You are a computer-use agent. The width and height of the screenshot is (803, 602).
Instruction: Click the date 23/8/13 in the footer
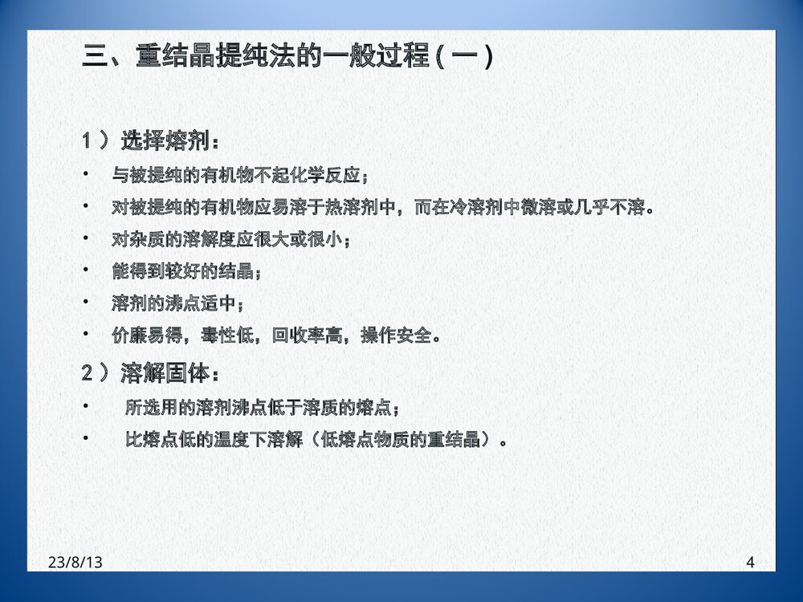coord(75,563)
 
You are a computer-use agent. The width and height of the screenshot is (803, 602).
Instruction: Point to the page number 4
coord(750,563)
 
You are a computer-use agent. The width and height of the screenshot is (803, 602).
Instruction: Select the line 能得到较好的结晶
coord(186,271)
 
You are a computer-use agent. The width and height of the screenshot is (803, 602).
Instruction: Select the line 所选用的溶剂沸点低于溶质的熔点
coord(263,408)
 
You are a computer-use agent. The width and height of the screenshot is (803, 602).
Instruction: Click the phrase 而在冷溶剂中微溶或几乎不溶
coord(530,208)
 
